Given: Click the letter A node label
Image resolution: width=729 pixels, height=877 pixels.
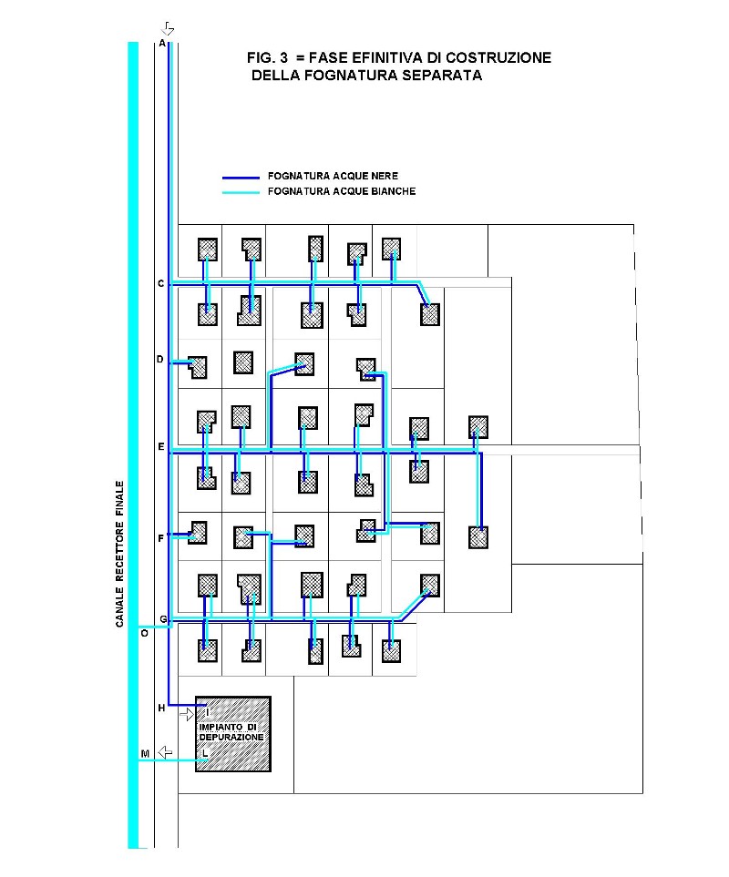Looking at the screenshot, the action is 162,43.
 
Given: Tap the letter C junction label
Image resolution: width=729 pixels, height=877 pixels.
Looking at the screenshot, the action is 161,283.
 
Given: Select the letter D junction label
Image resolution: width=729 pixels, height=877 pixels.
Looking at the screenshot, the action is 160,359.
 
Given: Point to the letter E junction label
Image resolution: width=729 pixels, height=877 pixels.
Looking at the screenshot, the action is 161,447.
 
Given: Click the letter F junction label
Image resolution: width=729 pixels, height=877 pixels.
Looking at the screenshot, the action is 161,538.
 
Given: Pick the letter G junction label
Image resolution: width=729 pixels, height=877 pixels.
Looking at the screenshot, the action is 163,619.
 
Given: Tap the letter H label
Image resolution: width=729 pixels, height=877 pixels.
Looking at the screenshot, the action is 161,709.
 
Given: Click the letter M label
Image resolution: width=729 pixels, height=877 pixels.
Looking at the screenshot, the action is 145,754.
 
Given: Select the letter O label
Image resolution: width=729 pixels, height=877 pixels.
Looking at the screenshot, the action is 144,634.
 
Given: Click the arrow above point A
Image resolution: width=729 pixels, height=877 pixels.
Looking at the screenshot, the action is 168,28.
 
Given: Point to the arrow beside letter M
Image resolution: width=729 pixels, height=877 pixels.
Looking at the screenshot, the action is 165,752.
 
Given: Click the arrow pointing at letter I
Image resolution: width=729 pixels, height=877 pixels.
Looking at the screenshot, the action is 187,714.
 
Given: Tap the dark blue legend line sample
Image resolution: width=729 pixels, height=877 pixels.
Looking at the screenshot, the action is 241,178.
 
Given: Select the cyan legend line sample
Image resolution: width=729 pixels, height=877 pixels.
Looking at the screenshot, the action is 241,192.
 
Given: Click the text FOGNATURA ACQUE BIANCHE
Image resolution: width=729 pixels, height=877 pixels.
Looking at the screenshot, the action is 342,191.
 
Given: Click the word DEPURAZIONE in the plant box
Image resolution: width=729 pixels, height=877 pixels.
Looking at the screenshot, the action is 231,737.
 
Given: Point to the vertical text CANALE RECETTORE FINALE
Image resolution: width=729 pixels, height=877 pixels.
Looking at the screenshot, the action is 119,554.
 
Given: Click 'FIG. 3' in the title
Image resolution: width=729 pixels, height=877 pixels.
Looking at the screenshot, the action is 267,57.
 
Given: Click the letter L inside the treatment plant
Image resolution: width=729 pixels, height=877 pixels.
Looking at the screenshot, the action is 205,754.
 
